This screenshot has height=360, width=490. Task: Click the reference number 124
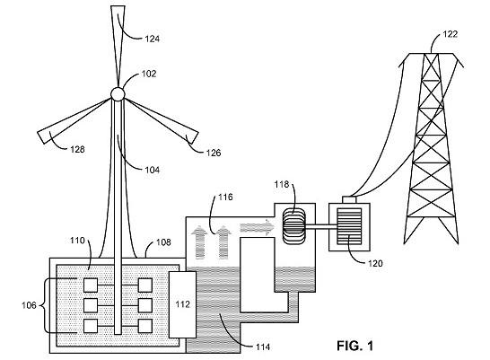(x=153, y=39)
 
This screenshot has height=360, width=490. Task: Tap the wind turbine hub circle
(x=118, y=93)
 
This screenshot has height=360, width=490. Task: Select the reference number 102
(x=149, y=74)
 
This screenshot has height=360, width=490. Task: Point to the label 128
(x=77, y=149)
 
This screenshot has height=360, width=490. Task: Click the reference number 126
(x=214, y=153)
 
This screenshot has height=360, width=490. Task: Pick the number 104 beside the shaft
(x=153, y=170)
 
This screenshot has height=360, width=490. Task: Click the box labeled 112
(x=182, y=304)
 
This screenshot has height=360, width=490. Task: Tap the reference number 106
(x=29, y=305)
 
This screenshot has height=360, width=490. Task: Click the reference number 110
(x=77, y=241)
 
